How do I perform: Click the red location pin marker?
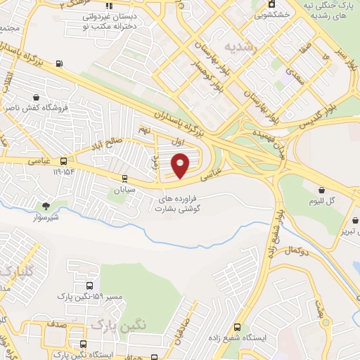coord(181,165)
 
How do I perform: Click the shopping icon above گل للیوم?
coord(322,190)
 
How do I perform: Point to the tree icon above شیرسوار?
coord(46,206)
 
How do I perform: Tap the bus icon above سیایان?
coord(124,179)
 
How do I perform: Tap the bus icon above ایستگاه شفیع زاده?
coord(237,327)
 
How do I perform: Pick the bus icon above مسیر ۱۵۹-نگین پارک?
coord(89,285)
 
